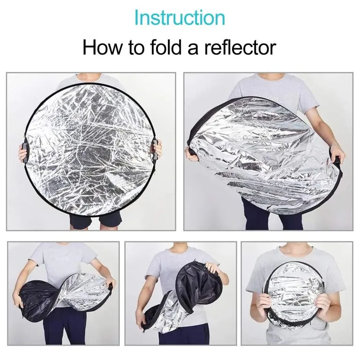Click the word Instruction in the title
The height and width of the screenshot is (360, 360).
(x=180, y=18)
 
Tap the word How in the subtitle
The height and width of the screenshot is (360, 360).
(x=102, y=47)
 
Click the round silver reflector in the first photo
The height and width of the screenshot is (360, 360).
(x=90, y=150)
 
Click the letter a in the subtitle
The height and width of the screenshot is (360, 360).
(x=193, y=50)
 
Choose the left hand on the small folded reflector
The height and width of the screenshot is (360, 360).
(x=266, y=303)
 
